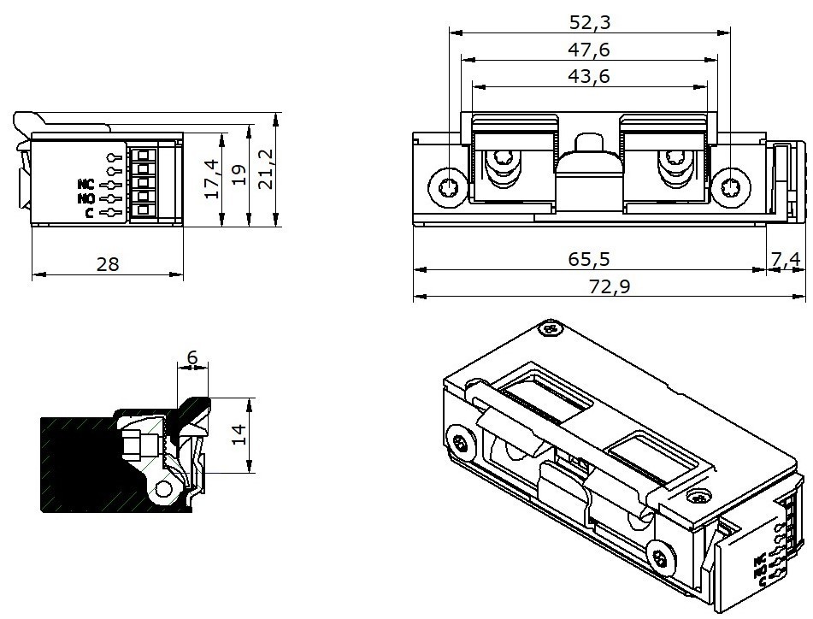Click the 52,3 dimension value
tap(590, 21)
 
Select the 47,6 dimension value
tap(590, 49)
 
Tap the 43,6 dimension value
tap(590, 76)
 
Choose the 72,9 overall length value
tap(610, 286)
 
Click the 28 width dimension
tap(108, 264)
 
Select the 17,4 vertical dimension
tap(212, 179)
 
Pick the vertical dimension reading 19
tap(239, 174)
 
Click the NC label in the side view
tap(85, 184)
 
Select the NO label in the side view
tap(85, 198)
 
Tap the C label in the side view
tap(90, 212)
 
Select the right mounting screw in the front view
tap(731, 186)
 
